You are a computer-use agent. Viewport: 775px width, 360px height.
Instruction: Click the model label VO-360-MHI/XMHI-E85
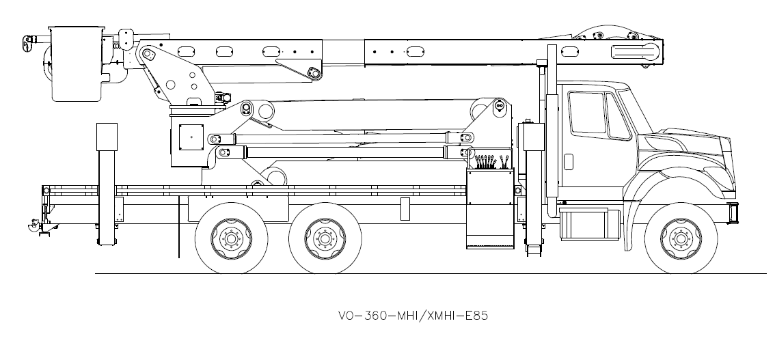pyautogui.click(x=412, y=316)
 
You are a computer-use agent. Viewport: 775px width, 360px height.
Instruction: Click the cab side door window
pyautogui.click(x=587, y=112)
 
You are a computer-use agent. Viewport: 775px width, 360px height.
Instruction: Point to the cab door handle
pyautogui.click(x=569, y=161)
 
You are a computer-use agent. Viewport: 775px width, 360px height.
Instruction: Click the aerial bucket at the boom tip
pyautogui.click(x=76, y=64)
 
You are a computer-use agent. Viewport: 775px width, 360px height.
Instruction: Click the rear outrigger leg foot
pyautogui.click(x=107, y=242)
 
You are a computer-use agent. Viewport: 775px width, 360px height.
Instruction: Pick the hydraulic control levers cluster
pyautogui.click(x=490, y=162)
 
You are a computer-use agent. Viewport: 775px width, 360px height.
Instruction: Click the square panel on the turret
pyautogui.click(x=192, y=137)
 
